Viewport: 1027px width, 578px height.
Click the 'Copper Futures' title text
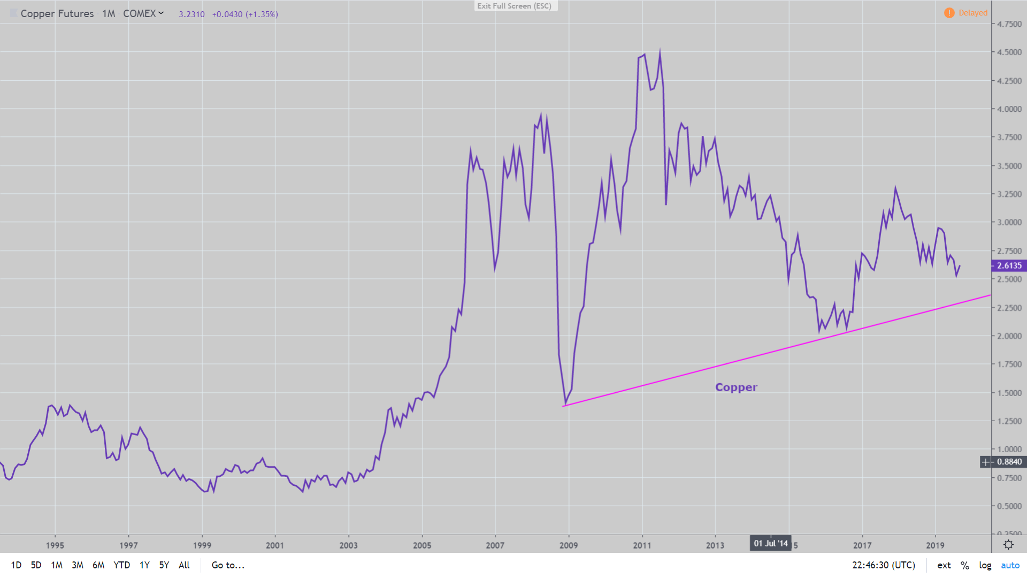pos(57,13)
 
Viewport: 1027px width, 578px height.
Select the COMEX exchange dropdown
pos(143,13)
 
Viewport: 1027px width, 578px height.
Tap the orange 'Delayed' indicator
pos(967,13)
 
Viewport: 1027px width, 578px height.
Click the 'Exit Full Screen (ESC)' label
pos(514,6)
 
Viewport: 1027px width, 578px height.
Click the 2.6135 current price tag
pos(1009,265)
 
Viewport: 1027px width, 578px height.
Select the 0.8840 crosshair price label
pos(1009,462)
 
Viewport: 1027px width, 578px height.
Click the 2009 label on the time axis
pos(569,545)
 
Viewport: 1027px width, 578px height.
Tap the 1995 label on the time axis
pos(55,545)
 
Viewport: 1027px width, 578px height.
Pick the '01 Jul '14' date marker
pos(770,544)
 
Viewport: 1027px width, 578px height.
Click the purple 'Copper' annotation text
pos(736,387)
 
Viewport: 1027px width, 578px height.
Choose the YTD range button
pos(121,565)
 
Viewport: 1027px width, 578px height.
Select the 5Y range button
pos(164,565)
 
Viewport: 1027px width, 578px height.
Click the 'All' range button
pos(184,565)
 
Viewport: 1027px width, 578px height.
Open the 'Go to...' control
pos(228,565)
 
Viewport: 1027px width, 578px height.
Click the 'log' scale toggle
pos(985,565)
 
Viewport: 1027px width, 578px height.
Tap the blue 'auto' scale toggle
pos(1010,565)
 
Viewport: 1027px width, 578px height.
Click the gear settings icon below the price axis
pos(1008,545)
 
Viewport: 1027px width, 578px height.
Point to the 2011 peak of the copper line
pos(660,51)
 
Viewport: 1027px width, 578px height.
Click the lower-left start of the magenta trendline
pos(564,406)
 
